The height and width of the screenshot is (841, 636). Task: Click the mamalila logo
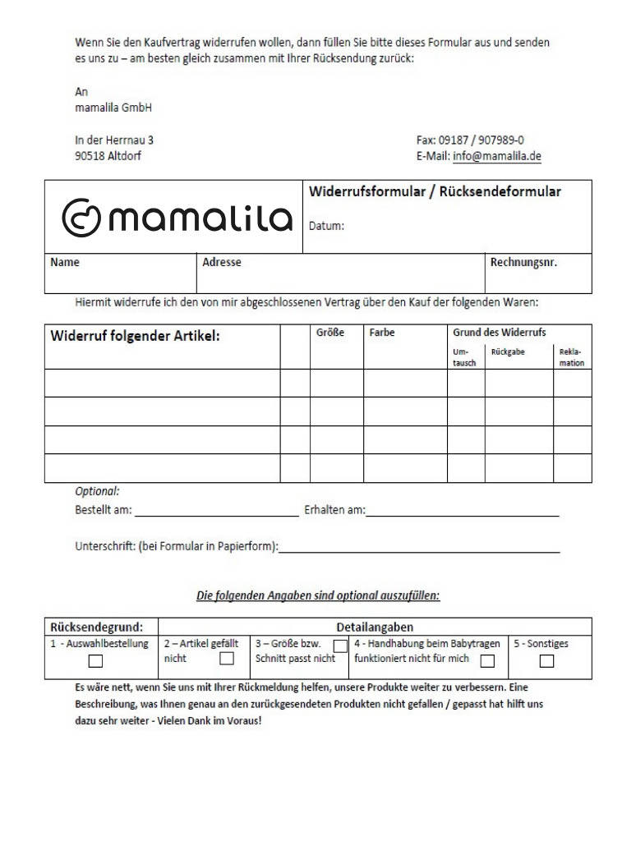click(x=177, y=216)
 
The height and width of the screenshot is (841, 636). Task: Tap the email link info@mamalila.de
click(x=496, y=157)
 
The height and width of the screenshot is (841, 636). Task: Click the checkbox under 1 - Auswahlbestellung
click(x=96, y=661)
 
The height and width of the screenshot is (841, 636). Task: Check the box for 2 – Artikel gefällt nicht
click(x=227, y=659)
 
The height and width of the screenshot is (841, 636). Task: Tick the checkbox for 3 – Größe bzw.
click(x=340, y=646)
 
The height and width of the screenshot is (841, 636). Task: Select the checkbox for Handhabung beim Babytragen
click(x=487, y=661)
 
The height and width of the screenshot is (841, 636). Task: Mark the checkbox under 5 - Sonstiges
click(x=546, y=661)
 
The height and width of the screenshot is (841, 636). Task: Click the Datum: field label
click(x=326, y=226)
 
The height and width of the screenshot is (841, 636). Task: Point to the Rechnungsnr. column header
click(x=523, y=263)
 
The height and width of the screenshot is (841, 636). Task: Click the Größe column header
click(x=330, y=333)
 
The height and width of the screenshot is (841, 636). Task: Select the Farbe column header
click(x=382, y=333)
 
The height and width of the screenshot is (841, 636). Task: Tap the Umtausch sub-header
click(x=464, y=357)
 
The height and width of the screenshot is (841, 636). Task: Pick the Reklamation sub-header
click(x=571, y=357)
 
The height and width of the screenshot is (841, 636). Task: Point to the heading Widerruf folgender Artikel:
click(x=136, y=336)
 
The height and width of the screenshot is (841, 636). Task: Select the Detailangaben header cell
click(x=375, y=627)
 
